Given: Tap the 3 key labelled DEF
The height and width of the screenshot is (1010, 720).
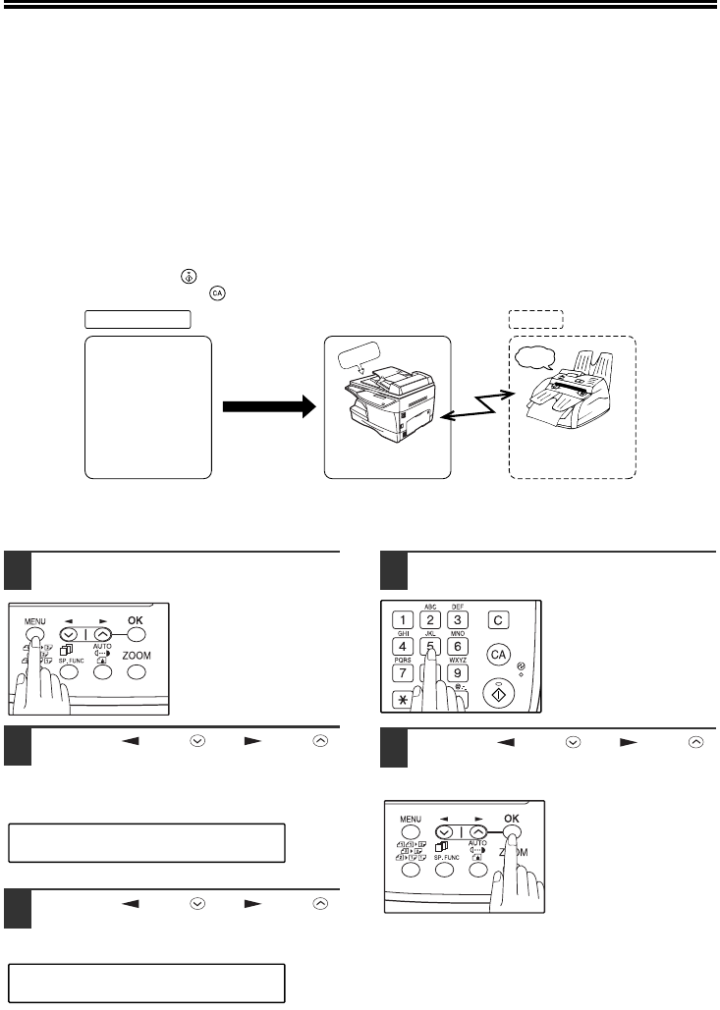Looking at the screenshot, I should pos(457,619).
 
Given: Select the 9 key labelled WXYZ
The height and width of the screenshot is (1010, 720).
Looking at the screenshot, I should pos(457,674).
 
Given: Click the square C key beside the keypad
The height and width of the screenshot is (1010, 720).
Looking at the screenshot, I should pos(500,619).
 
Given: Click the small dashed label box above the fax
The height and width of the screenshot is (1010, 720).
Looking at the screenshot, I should pos(535,318).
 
